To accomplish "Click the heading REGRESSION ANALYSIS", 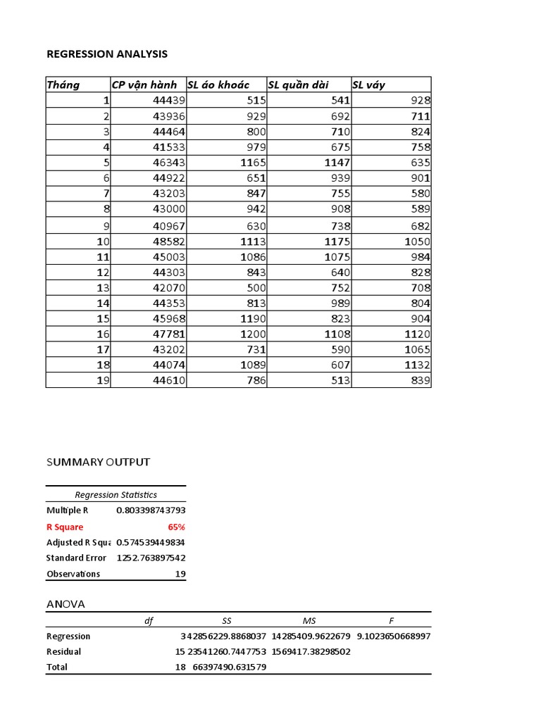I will [x=107, y=54].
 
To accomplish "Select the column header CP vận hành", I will [x=144, y=85].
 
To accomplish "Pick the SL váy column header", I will [x=368, y=85].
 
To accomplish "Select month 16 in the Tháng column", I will [x=104, y=334].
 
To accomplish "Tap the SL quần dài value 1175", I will [x=335, y=242].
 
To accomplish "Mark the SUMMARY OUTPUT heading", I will [x=98, y=463].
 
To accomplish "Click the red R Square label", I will [x=65, y=527].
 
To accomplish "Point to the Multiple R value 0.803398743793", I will [x=151, y=510].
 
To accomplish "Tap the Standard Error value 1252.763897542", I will [x=151, y=558].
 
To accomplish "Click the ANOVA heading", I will [x=66, y=604].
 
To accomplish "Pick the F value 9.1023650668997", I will [x=394, y=637].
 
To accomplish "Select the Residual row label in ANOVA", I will [x=63, y=652].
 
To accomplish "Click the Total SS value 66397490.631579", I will [x=229, y=667].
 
